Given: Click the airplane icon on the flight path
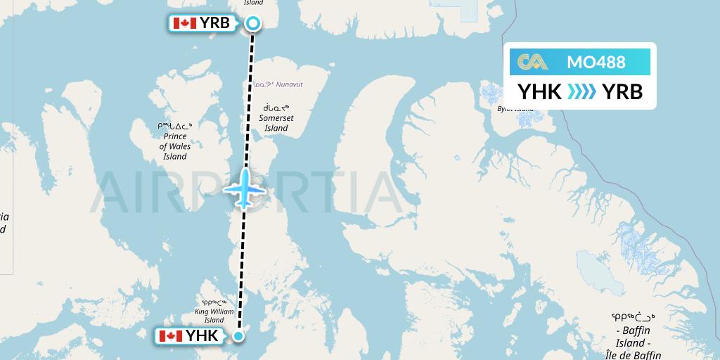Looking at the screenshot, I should (245, 188).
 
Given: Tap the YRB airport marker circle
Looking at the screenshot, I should (252, 23).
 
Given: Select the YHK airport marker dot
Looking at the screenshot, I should (238, 336).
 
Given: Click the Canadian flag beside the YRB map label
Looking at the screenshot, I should (184, 23).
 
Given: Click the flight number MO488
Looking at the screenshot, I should (596, 62).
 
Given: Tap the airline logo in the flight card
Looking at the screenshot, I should (532, 62).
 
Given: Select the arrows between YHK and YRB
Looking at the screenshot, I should (581, 91).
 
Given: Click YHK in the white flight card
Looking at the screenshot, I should (539, 91).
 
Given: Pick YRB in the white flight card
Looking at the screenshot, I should (622, 91).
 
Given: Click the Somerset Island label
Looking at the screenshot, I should (276, 123).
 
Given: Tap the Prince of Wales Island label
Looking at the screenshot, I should (175, 146).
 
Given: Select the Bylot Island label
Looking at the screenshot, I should (515, 109).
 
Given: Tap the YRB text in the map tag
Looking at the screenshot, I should (214, 23).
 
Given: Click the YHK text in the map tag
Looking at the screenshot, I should (202, 336).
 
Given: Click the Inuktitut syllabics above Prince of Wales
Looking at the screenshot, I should (175, 126).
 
